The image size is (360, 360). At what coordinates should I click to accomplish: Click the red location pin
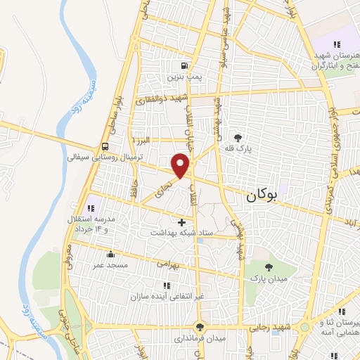181,165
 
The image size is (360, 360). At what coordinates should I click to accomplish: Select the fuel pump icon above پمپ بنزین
184,61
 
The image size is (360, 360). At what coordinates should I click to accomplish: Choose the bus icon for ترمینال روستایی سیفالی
105,147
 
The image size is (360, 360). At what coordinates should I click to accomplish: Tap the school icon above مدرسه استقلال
91,208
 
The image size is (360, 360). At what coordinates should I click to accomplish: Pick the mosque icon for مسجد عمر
109,255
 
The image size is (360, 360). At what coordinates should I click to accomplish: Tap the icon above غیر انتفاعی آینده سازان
167,285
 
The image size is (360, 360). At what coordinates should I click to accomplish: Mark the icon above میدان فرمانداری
200,327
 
